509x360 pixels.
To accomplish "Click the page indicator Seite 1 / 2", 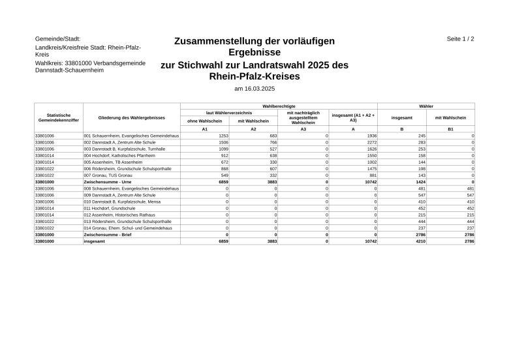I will (460, 39).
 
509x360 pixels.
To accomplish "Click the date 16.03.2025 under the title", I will (254, 88).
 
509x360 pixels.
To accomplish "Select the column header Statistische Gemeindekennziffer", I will (59, 118).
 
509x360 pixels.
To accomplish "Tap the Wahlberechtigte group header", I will (279, 106).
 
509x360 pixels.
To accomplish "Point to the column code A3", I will (303, 129).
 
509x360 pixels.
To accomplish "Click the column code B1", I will (450, 129).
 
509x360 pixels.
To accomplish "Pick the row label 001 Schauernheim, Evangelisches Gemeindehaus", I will (131, 136).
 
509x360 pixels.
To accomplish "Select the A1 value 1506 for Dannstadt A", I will (223, 142).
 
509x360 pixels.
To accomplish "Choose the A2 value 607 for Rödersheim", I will (273, 168).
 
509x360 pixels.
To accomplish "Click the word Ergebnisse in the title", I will (254, 52).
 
